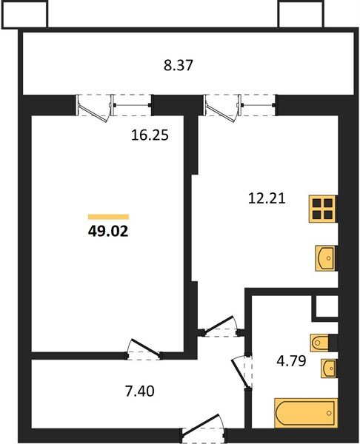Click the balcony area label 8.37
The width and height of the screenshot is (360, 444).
[179, 64]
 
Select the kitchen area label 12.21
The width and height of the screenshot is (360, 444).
[267, 198]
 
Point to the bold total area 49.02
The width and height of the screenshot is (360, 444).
[108, 230]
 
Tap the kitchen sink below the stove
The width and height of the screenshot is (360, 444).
[324, 258]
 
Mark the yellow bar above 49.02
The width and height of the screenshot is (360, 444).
[108, 216]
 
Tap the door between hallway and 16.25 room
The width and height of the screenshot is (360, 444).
[144, 350]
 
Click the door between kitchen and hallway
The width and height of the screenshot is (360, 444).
[221, 327]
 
